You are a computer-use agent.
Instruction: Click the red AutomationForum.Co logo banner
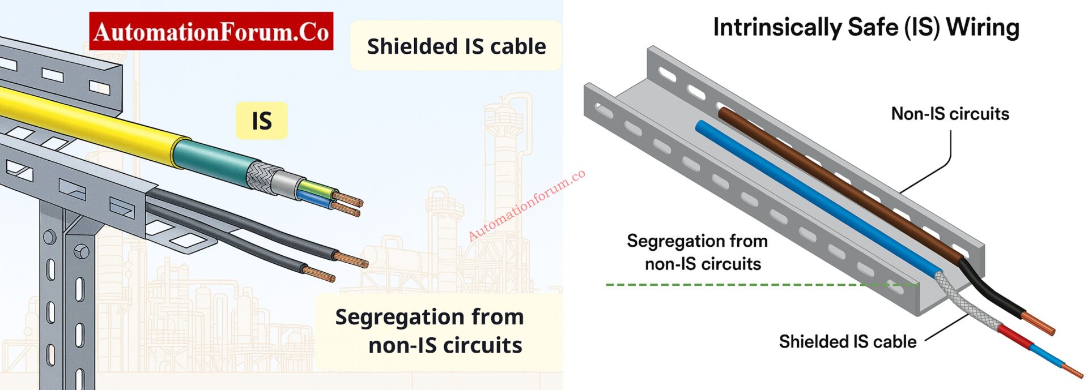[211, 32]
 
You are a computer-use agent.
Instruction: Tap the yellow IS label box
[261, 121]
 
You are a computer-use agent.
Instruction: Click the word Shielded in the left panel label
[409, 46]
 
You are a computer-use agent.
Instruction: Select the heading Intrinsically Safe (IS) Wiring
[866, 27]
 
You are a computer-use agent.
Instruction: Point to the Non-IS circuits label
[950, 114]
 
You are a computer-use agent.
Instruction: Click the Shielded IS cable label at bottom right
[847, 341]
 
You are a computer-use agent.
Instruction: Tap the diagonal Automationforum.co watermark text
[526, 205]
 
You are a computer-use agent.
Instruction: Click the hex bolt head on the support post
[82, 251]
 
